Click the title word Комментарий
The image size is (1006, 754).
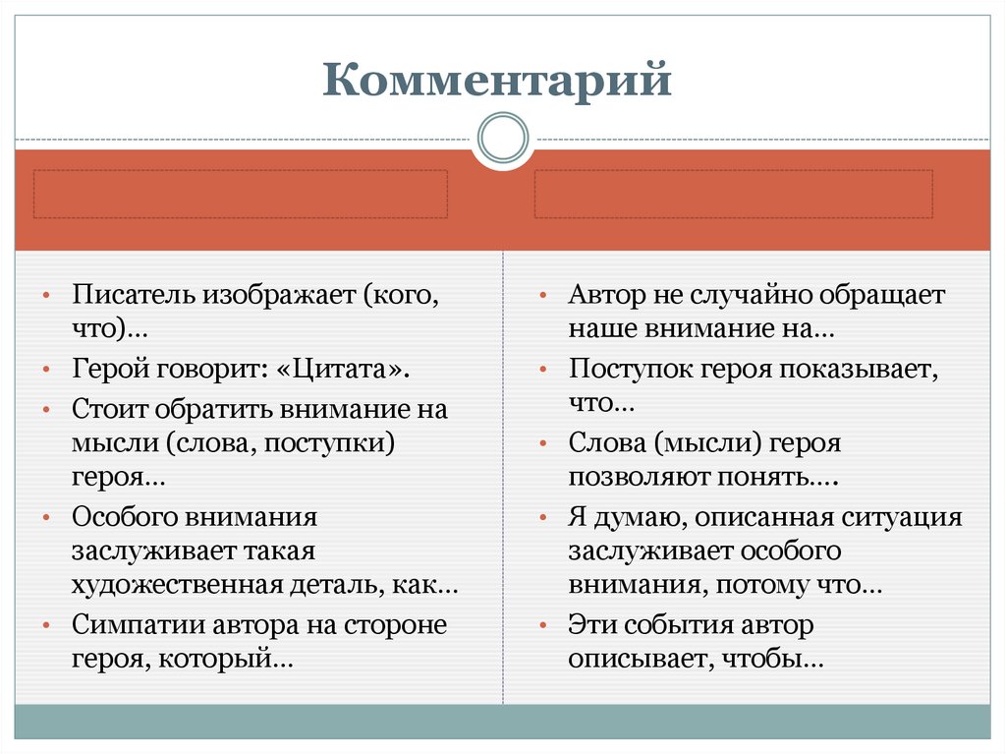tap(497, 80)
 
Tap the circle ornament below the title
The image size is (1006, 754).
tap(502, 136)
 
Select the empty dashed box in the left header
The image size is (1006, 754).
tap(241, 194)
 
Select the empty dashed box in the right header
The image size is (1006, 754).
tap(733, 194)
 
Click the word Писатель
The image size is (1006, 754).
tap(133, 295)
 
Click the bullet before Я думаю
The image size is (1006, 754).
tap(543, 518)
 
